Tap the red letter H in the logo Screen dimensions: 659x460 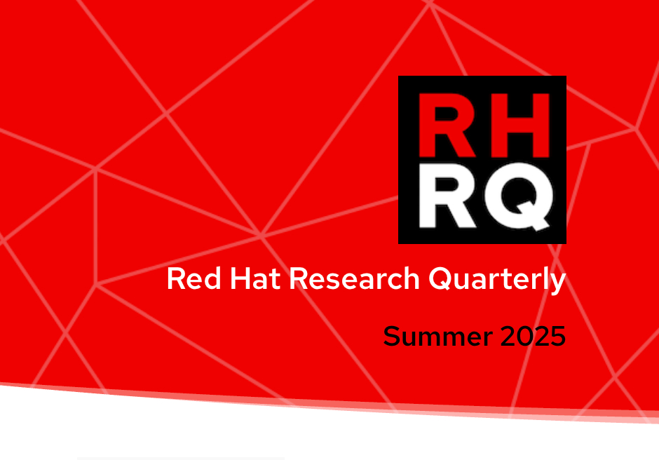(520, 125)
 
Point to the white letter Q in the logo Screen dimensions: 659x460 (519, 197)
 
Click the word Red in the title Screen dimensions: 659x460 (193, 278)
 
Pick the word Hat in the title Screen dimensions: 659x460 (255, 278)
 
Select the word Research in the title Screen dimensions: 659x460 (354, 278)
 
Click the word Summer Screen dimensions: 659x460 (437, 336)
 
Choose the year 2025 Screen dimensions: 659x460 (533, 336)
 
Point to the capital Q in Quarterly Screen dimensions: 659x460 (441, 279)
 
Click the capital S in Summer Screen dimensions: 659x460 (392, 336)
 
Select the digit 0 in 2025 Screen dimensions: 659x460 (525, 336)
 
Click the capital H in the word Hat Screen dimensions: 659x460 (240, 278)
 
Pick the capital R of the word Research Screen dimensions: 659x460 (299, 278)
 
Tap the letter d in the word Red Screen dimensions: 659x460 (212, 278)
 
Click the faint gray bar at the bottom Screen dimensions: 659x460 (181, 459)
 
